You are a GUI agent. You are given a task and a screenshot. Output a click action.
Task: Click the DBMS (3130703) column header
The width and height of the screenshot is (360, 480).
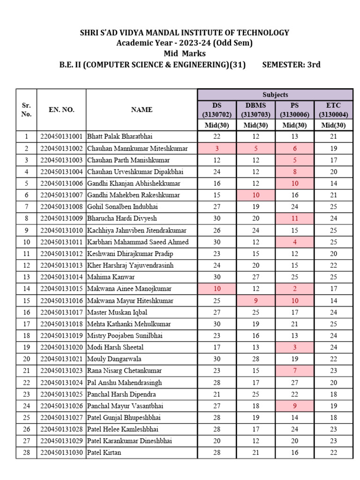256,110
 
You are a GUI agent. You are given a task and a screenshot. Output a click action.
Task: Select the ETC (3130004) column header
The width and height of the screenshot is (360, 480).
333,110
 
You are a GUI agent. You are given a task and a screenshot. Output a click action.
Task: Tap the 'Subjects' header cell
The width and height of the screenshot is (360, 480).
275,95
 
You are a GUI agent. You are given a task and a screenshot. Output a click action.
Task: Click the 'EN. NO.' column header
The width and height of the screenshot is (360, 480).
61,110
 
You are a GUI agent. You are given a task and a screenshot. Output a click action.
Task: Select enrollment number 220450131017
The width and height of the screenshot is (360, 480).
61,312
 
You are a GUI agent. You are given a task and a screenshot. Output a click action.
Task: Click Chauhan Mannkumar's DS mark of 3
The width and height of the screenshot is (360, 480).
217,148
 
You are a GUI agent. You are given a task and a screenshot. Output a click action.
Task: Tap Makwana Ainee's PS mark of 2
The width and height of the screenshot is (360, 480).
295,289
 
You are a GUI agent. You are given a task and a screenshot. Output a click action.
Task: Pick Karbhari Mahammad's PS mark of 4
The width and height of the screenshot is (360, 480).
295,242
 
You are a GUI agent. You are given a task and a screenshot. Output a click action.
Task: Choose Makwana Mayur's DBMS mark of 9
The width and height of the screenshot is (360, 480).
256,300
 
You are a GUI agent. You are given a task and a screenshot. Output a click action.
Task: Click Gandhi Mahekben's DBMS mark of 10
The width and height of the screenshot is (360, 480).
256,195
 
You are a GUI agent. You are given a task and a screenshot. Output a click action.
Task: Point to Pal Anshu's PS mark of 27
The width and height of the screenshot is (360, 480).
295,382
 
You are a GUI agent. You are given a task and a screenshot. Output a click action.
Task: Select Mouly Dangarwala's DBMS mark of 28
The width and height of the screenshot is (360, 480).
256,359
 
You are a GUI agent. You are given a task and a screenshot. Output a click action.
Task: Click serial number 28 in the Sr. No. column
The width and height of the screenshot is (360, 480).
27,453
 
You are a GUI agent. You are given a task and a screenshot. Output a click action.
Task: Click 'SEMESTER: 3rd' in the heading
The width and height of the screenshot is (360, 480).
292,65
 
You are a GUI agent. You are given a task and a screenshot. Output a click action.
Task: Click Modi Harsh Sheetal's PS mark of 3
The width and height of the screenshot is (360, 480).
295,347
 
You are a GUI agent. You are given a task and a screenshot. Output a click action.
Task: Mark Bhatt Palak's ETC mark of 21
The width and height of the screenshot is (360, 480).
333,136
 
